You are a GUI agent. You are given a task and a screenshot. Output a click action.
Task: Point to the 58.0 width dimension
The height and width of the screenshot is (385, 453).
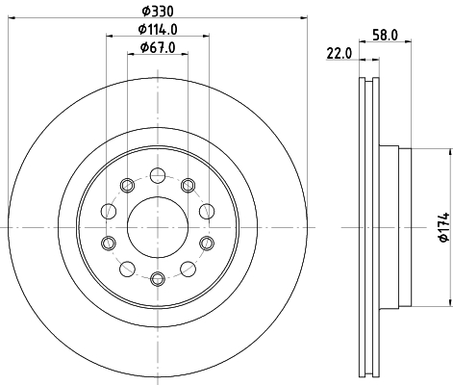click(386, 34)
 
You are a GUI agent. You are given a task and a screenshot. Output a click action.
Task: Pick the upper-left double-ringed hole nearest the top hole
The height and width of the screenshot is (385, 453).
click(126, 185)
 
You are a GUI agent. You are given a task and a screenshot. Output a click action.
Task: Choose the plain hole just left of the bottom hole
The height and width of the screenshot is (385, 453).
click(126, 267)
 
